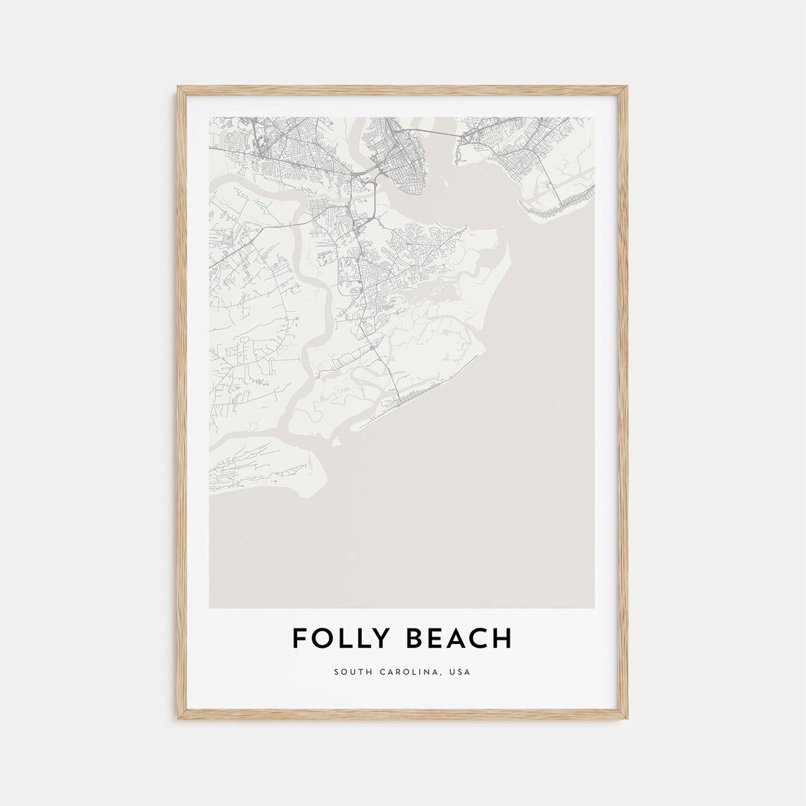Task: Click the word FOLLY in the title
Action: tap(339, 639)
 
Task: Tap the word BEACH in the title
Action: tap(460, 639)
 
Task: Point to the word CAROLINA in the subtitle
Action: tap(409, 672)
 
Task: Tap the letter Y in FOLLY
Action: tap(381, 639)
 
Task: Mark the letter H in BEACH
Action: tap(504, 639)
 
